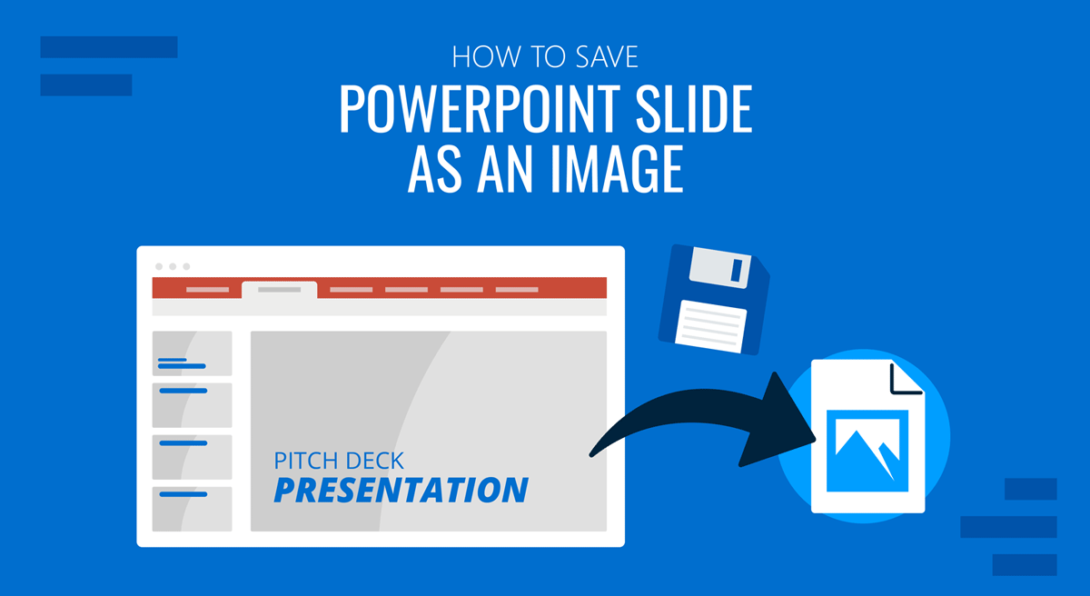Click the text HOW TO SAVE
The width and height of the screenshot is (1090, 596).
pyautogui.click(x=544, y=57)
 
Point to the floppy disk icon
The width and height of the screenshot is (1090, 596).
pyautogui.click(x=713, y=298)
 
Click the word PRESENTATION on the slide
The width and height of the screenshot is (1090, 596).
pyautogui.click(x=401, y=490)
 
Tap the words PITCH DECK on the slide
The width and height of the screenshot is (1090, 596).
pyautogui.click(x=339, y=461)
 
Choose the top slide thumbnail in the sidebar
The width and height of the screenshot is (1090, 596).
pyautogui.click(x=192, y=353)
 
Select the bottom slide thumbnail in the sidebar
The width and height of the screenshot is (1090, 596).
pyautogui.click(x=192, y=509)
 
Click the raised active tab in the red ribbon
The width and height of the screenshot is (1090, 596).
pyautogui.click(x=279, y=290)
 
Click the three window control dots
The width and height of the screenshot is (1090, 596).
pyautogui.click(x=173, y=266)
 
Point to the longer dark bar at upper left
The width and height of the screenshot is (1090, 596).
pyautogui.click(x=109, y=47)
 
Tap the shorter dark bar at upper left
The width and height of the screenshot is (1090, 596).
pyautogui.click(x=86, y=85)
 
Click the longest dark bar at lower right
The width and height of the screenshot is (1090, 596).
pyautogui.click(x=1008, y=527)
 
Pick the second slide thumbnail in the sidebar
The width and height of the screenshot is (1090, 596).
pyautogui.click(x=192, y=405)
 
